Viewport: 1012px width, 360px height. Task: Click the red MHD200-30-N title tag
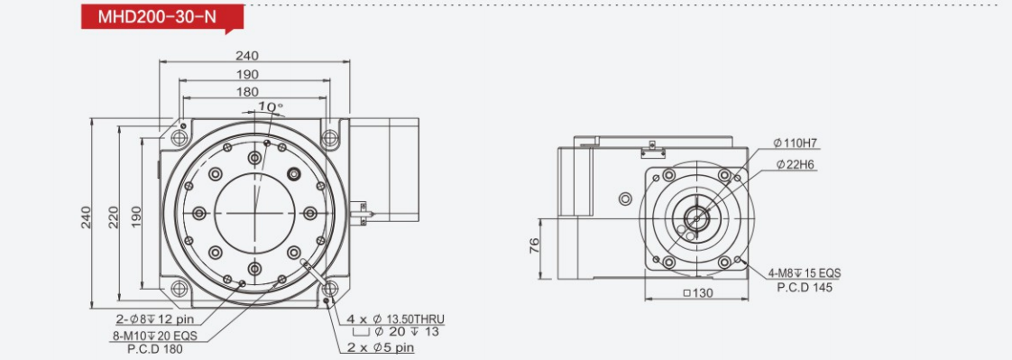coord(162,17)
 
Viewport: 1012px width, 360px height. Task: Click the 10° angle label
coord(271,106)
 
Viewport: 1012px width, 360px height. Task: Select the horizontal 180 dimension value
coord(247,92)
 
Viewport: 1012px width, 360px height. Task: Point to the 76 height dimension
coord(534,245)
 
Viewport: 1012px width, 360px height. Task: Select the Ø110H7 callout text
coord(796,143)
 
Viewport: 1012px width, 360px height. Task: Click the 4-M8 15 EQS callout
coord(804,273)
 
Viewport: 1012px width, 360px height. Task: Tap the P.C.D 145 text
coord(805,288)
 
